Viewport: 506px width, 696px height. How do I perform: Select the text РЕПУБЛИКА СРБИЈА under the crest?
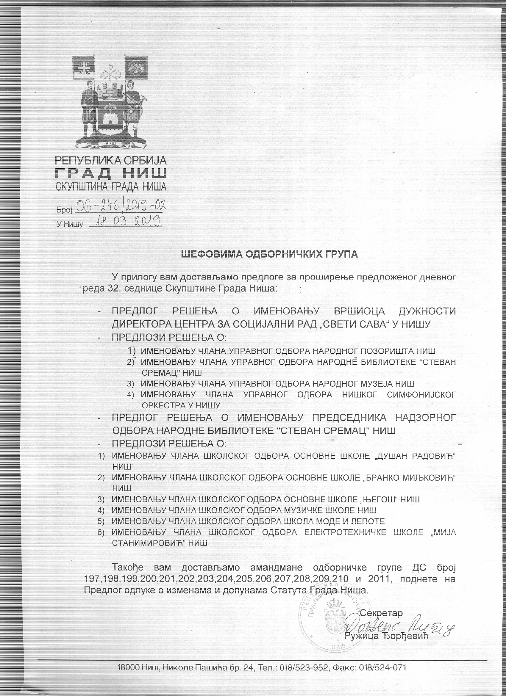click(x=111, y=160)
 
